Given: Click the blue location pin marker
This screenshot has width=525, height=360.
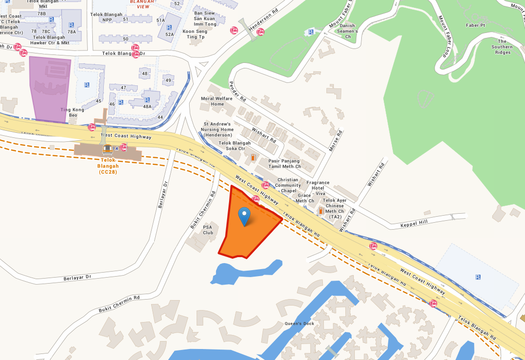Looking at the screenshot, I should (244, 216).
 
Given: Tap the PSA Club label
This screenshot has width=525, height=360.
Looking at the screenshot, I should (208, 230).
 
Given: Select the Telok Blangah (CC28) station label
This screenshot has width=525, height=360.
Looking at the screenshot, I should (108, 166).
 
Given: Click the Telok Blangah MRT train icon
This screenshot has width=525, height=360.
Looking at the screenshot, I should (107, 149).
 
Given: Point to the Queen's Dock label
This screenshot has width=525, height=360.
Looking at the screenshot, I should (299, 324).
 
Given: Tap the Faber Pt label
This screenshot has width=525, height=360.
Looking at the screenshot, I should (475, 25).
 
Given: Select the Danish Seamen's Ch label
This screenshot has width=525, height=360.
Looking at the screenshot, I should (347, 31).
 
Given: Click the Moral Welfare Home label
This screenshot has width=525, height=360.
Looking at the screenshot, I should (217, 101).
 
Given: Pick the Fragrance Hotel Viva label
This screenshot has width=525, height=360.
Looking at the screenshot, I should (318, 188).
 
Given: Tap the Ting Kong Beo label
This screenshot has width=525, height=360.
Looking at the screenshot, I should (69, 112).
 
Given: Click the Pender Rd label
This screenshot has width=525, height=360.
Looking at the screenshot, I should (238, 91).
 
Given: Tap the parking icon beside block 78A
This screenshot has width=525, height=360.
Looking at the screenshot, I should (72, 24).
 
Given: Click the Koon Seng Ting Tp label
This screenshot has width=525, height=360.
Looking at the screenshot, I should (195, 34).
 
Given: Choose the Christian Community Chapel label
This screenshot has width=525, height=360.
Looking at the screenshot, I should (288, 185).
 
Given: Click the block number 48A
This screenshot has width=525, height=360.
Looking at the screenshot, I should (147, 106).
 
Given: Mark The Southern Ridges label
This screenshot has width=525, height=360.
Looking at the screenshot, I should (502, 47).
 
